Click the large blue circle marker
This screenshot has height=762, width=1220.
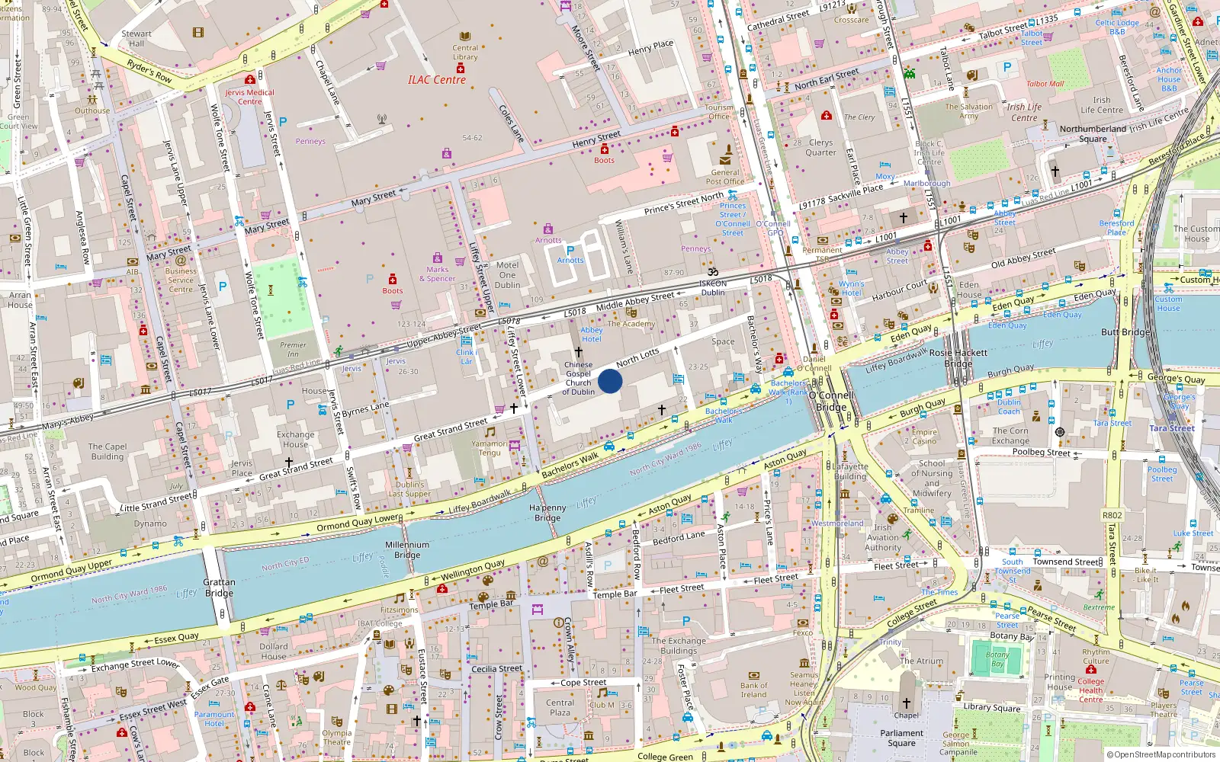(x=610, y=381)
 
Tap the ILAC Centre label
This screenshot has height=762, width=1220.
(x=436, y=80)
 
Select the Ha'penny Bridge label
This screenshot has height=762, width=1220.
(x=547, y=513)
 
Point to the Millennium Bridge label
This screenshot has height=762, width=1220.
(x=407, y=549)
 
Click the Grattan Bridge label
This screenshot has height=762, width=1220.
(x=219, y=588)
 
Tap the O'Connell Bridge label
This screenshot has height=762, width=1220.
(x=831, y=401)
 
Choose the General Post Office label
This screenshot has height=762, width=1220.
(x=724, y=177)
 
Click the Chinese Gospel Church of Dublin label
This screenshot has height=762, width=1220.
(x=578, y=378)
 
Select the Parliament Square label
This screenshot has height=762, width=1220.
(x=901, y=738)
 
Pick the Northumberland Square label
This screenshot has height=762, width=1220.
(x=1093, y=133)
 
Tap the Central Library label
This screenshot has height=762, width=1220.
(x=465, y=52)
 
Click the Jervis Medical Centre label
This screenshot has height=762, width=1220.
(x=249, y=97)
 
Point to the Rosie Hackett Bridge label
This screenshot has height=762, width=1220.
(x=958, y=358)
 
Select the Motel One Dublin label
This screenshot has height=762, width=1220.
(x=507, y=275)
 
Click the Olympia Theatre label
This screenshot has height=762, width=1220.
(x=336, y=737)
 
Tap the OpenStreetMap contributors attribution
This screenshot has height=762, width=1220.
(x=1161, y=754)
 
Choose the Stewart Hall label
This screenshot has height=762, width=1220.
(x=136, y=38)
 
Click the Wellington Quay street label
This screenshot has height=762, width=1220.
(x=473, y=569)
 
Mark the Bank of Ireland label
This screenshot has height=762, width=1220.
(x=753, y=690)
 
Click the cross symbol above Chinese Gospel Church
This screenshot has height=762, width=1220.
(x=578, y=352)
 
